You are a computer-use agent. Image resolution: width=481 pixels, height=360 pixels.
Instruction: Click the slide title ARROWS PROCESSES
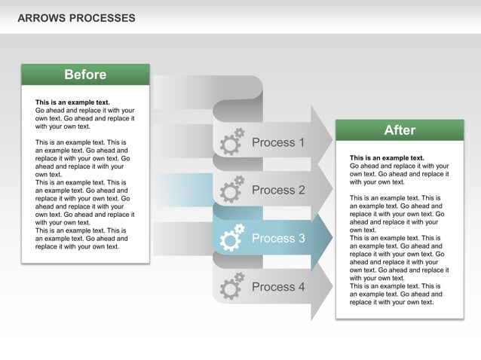[x=76, y=18]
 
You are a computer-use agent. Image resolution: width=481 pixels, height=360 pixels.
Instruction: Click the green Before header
[x=85, y=75]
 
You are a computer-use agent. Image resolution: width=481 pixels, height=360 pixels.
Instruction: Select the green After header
[x=400, y=130]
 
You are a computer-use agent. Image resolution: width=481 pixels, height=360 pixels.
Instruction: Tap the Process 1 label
[x=278, y=142]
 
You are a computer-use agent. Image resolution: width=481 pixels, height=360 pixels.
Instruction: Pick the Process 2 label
[x=278, y=191]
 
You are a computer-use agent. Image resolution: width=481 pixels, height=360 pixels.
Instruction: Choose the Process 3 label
[x=278, y=239]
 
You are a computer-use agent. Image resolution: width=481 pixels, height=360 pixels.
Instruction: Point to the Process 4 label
[x=278, y=287]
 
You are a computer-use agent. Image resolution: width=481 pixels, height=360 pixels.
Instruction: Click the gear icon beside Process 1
[x=231, y=142]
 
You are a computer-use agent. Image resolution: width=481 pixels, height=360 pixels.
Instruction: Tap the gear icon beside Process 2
[x=231, y=190]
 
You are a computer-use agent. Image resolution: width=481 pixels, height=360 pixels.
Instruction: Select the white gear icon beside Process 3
[x=231, y=238]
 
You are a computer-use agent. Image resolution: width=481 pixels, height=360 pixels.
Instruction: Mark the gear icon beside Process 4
[x=231, y=286]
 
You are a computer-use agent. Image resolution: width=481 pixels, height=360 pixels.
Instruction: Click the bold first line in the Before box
[x=72, y=102]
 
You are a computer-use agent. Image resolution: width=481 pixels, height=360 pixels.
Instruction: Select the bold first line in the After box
[x=387, y=158]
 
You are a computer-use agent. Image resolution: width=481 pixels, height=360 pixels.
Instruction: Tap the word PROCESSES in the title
[x=103, y=18]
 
